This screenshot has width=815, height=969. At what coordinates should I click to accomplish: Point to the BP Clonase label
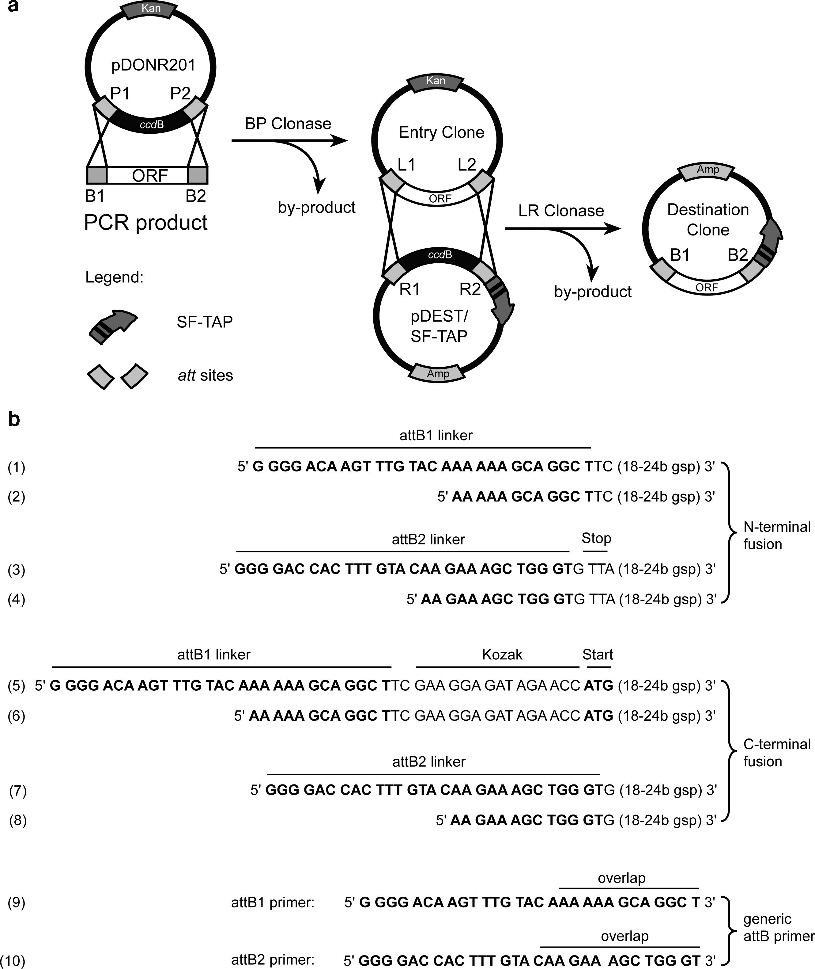coord(288,124)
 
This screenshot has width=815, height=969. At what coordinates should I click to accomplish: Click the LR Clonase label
coord(561,211)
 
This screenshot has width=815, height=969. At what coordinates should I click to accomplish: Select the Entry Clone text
coord(441,133)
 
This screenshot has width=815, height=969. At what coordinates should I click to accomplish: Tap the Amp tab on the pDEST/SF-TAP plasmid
coord(438,374)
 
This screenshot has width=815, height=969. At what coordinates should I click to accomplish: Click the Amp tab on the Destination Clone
coord(708,170)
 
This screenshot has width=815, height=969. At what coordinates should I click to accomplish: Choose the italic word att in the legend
coord(187,376)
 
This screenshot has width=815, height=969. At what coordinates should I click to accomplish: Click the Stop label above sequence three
coord(596,538)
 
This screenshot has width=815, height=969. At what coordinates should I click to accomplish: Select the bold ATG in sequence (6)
coord(598,716)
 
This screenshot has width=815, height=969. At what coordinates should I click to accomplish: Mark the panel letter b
coord(14,419)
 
